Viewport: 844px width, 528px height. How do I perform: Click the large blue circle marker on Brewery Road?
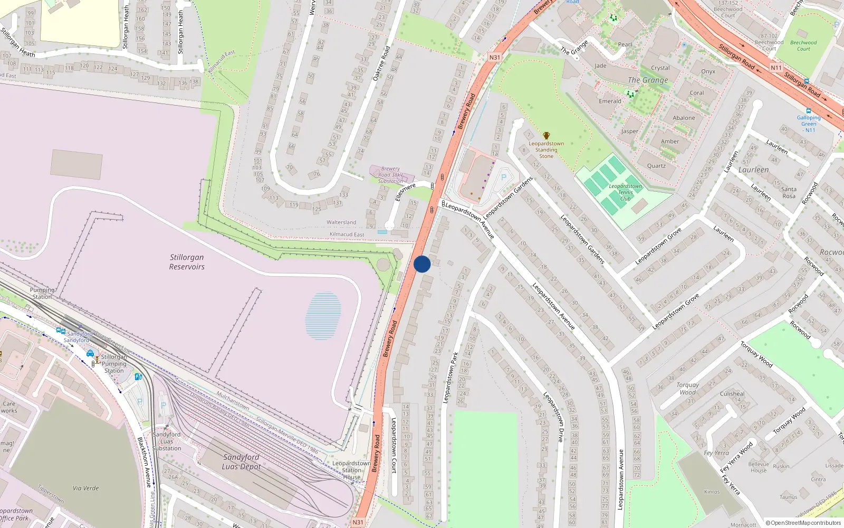tap(422, 264)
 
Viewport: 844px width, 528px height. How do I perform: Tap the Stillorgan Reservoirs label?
tap(187, 262)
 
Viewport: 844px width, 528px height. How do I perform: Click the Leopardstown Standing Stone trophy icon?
tap(546, 136)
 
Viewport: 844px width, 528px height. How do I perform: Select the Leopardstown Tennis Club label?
tap(625, 192)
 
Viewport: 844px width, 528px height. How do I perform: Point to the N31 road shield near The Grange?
tap(494, 58)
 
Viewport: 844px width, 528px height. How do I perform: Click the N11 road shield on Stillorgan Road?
tap(776, 68)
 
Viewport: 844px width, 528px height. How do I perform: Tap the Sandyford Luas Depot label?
tap(241, 461)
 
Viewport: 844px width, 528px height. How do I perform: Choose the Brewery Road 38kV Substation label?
tap(390, 175)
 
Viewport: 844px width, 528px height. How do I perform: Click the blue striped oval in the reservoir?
tap(323, 315)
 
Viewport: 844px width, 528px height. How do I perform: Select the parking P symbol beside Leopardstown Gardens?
tap(503, 177)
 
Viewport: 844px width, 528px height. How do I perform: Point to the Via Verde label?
tap(86, 488)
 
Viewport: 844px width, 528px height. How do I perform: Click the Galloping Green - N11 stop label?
tap(809, 124)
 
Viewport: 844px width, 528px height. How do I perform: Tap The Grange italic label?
tap(648, 80)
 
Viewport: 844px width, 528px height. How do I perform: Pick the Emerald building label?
tap(610, 101)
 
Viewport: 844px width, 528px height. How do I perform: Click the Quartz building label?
tap(656, 166)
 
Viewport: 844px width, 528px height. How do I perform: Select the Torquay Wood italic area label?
tap(687, 389)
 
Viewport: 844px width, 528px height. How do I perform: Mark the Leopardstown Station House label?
tap(351, 470)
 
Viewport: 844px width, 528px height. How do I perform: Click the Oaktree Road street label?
tap(381, 63)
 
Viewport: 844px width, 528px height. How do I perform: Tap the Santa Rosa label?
tap(789, 193)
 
